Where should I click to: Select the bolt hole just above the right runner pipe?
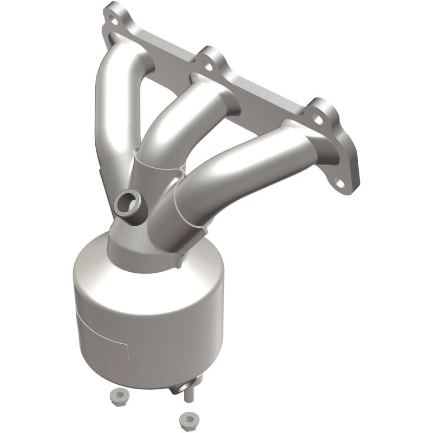(x=319, y=116)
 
